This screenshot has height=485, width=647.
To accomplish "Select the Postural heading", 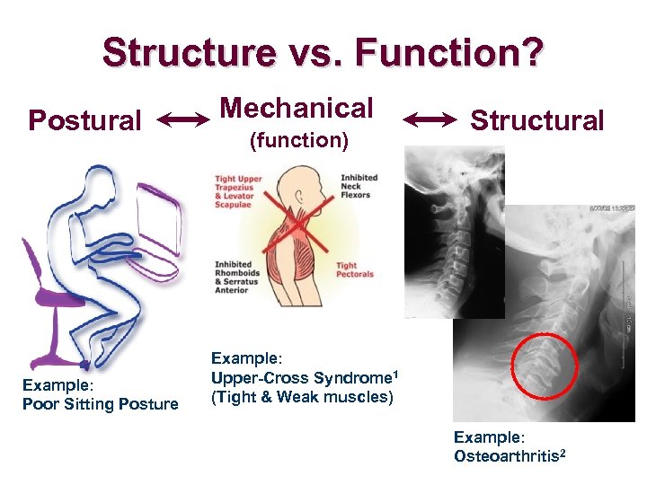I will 84,119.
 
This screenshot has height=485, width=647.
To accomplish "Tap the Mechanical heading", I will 297,108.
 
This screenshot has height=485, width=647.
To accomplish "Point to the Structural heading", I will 537,119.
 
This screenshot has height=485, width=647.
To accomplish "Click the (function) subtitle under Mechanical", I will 297,141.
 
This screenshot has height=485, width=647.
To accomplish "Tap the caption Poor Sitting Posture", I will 100,404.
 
